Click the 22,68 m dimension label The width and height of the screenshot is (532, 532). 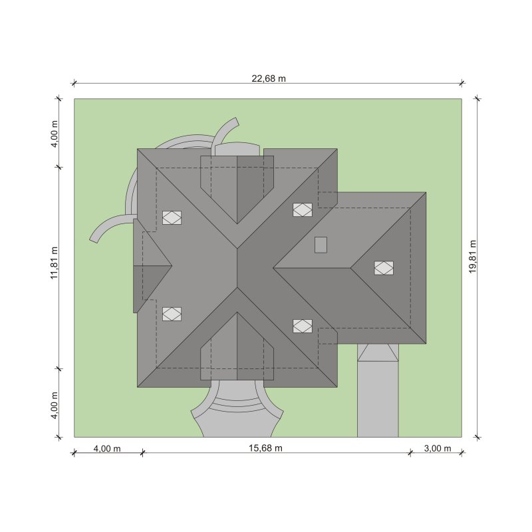coord(269,78)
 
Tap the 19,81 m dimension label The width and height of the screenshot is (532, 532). coord(473,257)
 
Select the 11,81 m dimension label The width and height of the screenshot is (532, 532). coord(55,263)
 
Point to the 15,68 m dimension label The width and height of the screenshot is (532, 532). coord(265,448)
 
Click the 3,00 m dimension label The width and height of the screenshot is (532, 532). coord(438,448)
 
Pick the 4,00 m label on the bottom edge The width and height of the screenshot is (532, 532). coord(107,448)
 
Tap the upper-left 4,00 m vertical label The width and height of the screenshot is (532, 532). coord(55,134)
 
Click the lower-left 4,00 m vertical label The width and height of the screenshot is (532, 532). coord(55,405)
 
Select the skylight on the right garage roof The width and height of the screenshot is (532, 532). coord(384,268)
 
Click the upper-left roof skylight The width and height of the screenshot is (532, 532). coord(172,217)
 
